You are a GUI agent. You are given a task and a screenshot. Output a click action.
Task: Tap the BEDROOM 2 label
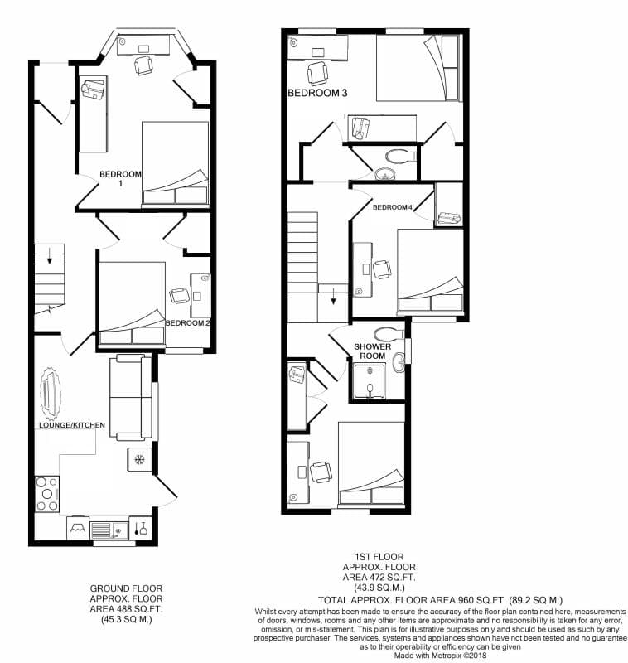pyautogui.click(x=187, y=322)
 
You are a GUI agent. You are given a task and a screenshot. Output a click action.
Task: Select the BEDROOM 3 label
pyautogui.click(x=317, y=94)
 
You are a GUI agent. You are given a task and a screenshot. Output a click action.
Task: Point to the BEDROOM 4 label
pyautogui.click(x=392, y=206)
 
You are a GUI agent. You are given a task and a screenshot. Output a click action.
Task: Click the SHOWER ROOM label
pyautogui.click(x=372, y=351)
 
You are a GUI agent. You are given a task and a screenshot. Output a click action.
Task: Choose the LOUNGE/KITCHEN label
pyautogui.click(x=72, y=425)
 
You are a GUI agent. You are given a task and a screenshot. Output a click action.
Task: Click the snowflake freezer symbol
pyautogui.click(x=139, y=460)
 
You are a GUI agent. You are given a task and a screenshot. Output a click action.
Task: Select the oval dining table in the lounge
pyautogui.click(x=54, y=394)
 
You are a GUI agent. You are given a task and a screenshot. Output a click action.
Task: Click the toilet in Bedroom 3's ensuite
pyautogui.click(x=400, y=155)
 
